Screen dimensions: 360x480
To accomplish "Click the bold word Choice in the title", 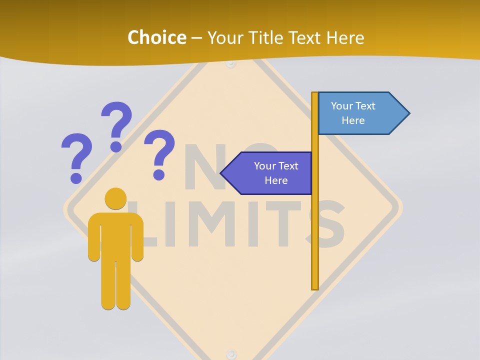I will tap(156, 37).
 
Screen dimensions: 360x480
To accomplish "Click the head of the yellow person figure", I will tap(115, 198).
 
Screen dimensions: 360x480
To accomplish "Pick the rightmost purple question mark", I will tap(159, 153).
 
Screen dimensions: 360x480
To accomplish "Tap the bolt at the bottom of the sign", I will tap(230, 354).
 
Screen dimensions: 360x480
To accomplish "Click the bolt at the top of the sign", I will tap(230, 64).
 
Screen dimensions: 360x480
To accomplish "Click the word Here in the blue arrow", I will tap(353, 120).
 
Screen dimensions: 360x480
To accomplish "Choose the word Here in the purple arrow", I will tap(276, 180).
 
